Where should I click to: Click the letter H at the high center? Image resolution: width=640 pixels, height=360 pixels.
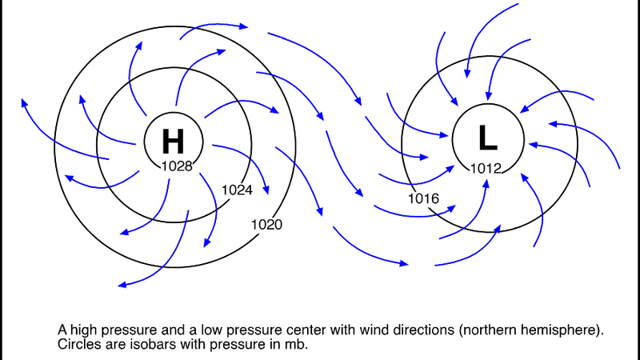point(173,142)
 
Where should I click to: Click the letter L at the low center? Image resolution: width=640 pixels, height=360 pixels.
point(488,138)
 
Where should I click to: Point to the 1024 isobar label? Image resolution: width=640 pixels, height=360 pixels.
point(237,190)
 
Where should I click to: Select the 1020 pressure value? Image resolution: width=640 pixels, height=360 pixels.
point(266,225)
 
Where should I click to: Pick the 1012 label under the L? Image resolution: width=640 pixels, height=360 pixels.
point(485,168)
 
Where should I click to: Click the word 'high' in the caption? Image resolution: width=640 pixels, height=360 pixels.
point(82,329)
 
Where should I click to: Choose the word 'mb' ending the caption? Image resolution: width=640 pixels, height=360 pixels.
point(297,345)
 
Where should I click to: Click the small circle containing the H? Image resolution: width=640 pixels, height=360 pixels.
point(148,128)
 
